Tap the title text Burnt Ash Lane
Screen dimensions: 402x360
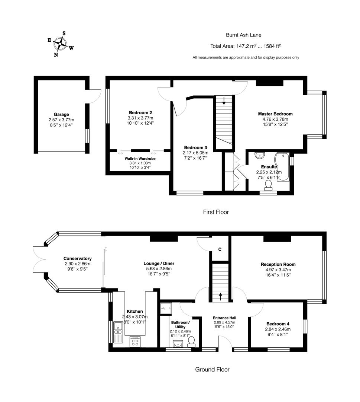(x=244, y=35)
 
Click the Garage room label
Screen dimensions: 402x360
(x=61, y=115)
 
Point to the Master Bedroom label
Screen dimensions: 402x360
(x=275, y=114)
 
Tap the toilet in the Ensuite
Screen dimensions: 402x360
(x=268, y=184)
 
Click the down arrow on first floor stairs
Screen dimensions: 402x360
(x=224, y=100)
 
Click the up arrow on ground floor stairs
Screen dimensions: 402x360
(x=221, y=296)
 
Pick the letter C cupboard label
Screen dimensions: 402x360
(x=220, y=249)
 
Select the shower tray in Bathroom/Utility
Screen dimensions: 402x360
(x=165, y=308)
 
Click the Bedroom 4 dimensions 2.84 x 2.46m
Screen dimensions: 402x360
(x=278, y=329)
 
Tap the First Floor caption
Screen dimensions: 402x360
(x=216, y=212)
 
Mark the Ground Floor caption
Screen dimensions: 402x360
(x=212, y=370)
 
